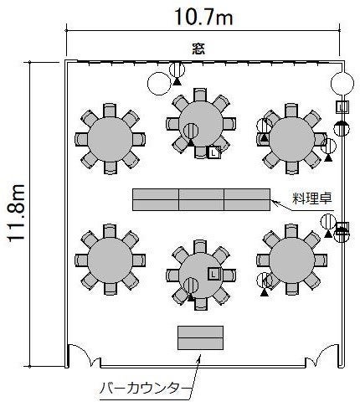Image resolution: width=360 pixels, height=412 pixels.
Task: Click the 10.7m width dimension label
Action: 204,17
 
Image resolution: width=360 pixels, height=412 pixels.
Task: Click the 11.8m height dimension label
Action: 16,213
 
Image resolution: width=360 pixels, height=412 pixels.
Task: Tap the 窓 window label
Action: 198,49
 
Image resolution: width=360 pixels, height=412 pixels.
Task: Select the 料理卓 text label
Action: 312,198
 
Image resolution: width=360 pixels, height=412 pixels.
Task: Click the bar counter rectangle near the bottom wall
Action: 201,337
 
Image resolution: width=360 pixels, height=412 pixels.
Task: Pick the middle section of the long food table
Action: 201,199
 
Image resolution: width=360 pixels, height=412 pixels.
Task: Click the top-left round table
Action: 110,139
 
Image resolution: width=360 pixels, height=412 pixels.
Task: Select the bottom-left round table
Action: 110,260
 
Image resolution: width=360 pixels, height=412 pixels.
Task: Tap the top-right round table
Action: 292,139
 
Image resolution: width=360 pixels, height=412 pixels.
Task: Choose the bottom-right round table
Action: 292,260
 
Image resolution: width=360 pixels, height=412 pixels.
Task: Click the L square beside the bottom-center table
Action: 214,274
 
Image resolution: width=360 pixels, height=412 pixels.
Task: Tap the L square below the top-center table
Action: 214,152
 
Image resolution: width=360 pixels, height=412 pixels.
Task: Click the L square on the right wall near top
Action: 342,107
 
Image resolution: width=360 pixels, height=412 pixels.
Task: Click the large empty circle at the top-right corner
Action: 342,83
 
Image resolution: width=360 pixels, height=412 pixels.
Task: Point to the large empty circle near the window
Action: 159,84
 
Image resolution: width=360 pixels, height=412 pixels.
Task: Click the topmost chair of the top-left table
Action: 110,111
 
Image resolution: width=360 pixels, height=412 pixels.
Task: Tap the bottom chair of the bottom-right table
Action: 292,289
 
